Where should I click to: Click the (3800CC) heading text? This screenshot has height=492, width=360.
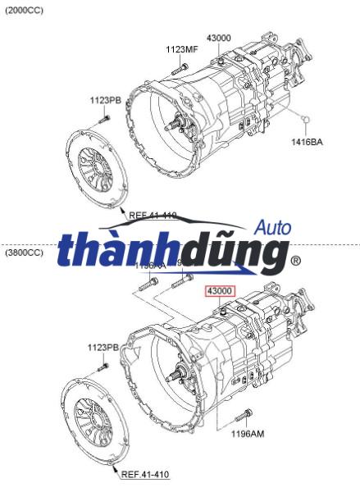pyautogui.click(x=25, y=253)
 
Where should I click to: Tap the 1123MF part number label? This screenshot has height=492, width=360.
pyautogui.click(x=182, y=50)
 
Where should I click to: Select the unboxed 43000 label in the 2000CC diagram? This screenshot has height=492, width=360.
pyautogui.click(x=219, y=39)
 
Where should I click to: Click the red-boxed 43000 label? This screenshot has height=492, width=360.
pyautogui.click(x=220, y=290)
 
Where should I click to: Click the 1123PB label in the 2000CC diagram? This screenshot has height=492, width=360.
pyautogui.click(x=106, y=100)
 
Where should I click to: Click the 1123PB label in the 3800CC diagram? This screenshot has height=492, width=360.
pyautogui.click(x=104, y=347)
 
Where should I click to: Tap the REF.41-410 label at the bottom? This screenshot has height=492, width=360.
pyautogui.click(x=145, y=474)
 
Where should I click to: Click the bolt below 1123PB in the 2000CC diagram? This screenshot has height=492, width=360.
pyautogui.click(x=103, y=120)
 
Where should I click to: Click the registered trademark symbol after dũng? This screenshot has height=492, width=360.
pyautogui.click(x=294, y=262)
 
